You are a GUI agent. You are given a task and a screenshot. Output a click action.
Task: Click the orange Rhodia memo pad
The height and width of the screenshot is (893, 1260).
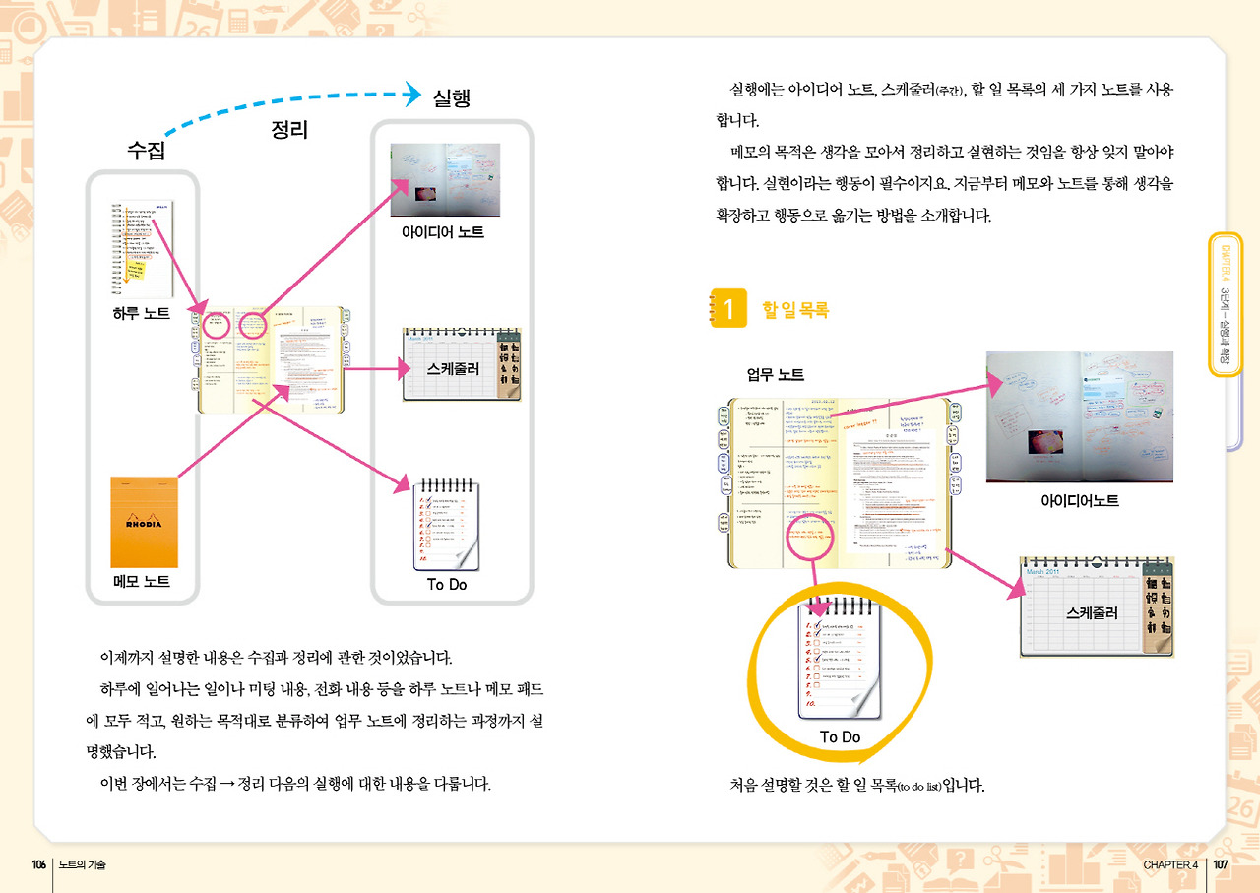pyautogui.click(x=144, y=521)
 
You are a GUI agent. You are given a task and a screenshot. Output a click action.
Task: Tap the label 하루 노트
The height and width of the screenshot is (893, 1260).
pyautogui.click(x=142, y=314)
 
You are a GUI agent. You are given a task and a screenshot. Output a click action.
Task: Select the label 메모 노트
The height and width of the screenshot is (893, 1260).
pyautogui.click(x=142, y=582)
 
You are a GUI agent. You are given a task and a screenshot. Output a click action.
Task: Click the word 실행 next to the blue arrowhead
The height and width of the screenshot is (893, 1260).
pyautogui.click(x=451, y=96)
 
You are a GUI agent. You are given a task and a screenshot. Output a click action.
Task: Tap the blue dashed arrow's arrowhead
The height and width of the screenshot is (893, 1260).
pyautogui.click(x=411, y=95)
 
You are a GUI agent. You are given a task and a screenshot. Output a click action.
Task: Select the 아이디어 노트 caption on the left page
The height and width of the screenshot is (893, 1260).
pyautogui.click(x=442, y=233)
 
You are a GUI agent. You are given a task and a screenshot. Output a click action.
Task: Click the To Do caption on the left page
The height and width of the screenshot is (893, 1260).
pyautogui.click(x=447, y=585)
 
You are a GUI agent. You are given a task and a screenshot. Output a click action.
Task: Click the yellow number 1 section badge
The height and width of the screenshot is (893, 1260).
pyautogui.click(x=727, y=309)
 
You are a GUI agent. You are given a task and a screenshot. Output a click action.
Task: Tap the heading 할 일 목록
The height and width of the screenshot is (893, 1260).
pyautogui.click(x=795, y=309)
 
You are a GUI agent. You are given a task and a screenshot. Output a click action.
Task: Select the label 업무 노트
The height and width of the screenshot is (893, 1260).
pyautogui.click(x=776, y=374)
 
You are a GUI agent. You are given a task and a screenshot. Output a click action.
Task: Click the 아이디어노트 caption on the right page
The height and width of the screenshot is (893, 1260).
pyautogui.click(x=1080, y=500)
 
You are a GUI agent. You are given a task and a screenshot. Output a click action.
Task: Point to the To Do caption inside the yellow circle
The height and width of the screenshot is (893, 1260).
pyautogui.click(x=840, y=737)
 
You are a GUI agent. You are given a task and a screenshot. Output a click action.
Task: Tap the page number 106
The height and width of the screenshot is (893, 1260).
pyautogui.click(x=38, y=864)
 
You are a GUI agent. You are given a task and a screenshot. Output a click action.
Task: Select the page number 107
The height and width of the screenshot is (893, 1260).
pyautogui.click(x=1221, y=864)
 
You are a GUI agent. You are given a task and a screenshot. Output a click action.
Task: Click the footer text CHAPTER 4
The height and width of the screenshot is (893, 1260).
pyautogui.click(x=1170, y=864)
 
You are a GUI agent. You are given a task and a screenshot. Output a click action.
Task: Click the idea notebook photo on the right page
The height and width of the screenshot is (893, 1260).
pyautogui.click(x=1079, y=416)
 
